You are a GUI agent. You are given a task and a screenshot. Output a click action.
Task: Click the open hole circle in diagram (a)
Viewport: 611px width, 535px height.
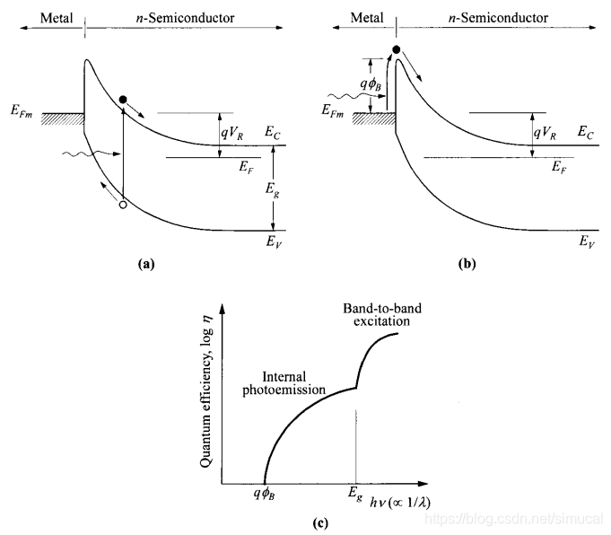tap(123, 206)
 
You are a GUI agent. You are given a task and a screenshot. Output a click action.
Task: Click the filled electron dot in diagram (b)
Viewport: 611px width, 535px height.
tap(397, 48)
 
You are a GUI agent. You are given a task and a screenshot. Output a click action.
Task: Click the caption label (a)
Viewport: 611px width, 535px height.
tap(146, 264)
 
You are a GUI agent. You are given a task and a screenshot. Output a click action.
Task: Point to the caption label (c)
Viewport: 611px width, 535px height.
tap(310, 522)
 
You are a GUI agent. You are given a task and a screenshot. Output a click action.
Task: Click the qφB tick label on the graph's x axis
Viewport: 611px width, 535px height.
tap(266, 495)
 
